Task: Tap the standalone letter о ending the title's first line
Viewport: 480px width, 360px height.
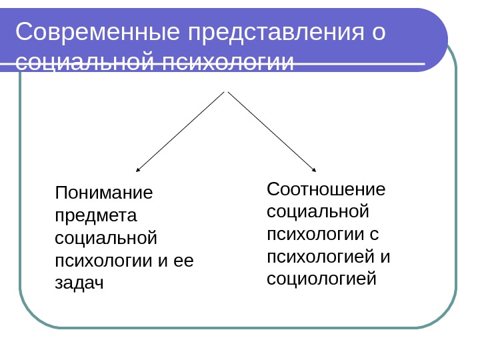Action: [x=379, y=32]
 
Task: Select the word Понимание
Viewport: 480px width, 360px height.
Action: [x=104, y=193]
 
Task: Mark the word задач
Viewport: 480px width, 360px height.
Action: [x=79, y=283]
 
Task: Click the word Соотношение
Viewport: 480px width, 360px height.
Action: [x=326, y=189]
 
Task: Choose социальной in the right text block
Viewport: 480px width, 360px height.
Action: [x=317, y=211]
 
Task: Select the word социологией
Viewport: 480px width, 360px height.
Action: [x=321, y=279]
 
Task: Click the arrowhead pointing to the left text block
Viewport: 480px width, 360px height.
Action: [x=138, y=170]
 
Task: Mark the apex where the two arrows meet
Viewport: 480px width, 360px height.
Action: [x=227, y=91]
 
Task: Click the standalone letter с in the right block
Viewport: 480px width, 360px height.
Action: [x=374, y=234]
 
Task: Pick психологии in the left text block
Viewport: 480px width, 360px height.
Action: [x=103, y=260]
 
